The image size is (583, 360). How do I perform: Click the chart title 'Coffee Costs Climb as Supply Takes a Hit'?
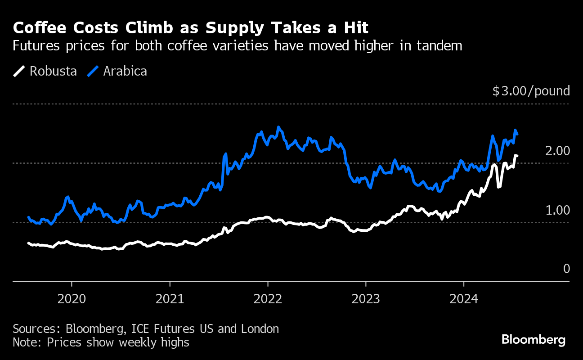(x=191, y=28)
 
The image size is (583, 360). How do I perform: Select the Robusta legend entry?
(x=45, y=71)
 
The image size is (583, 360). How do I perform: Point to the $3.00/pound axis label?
(x=531, y=91)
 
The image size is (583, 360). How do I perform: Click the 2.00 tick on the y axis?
(x=557, y=151)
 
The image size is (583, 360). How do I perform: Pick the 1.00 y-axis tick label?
(x=557, y=210)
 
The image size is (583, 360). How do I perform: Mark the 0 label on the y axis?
(x=566, y=269)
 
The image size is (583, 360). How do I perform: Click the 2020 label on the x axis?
(x=72, y=299)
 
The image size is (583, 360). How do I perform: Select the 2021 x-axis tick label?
(x=170, y=299)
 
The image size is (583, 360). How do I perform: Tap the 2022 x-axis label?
(x=268, y=299)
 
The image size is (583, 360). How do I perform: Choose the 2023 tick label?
(x=366, y=299)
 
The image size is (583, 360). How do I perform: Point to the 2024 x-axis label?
(x=464, y=299)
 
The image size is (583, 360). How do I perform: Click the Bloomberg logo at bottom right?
(x=534, y=339)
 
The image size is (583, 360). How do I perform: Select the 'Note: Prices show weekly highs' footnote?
(x=101, y=342)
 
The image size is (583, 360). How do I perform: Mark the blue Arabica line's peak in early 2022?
(x=278, y=127)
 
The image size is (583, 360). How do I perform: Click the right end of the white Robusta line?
(x=517, y=156)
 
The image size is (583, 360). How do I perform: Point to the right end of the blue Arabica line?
(x=517, y=134)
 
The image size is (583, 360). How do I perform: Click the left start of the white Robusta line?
(x=28, y=243)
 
